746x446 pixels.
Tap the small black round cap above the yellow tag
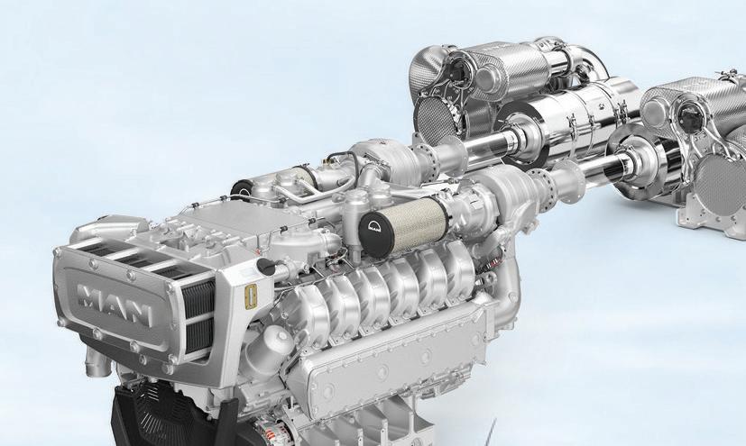tap(266, 267)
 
